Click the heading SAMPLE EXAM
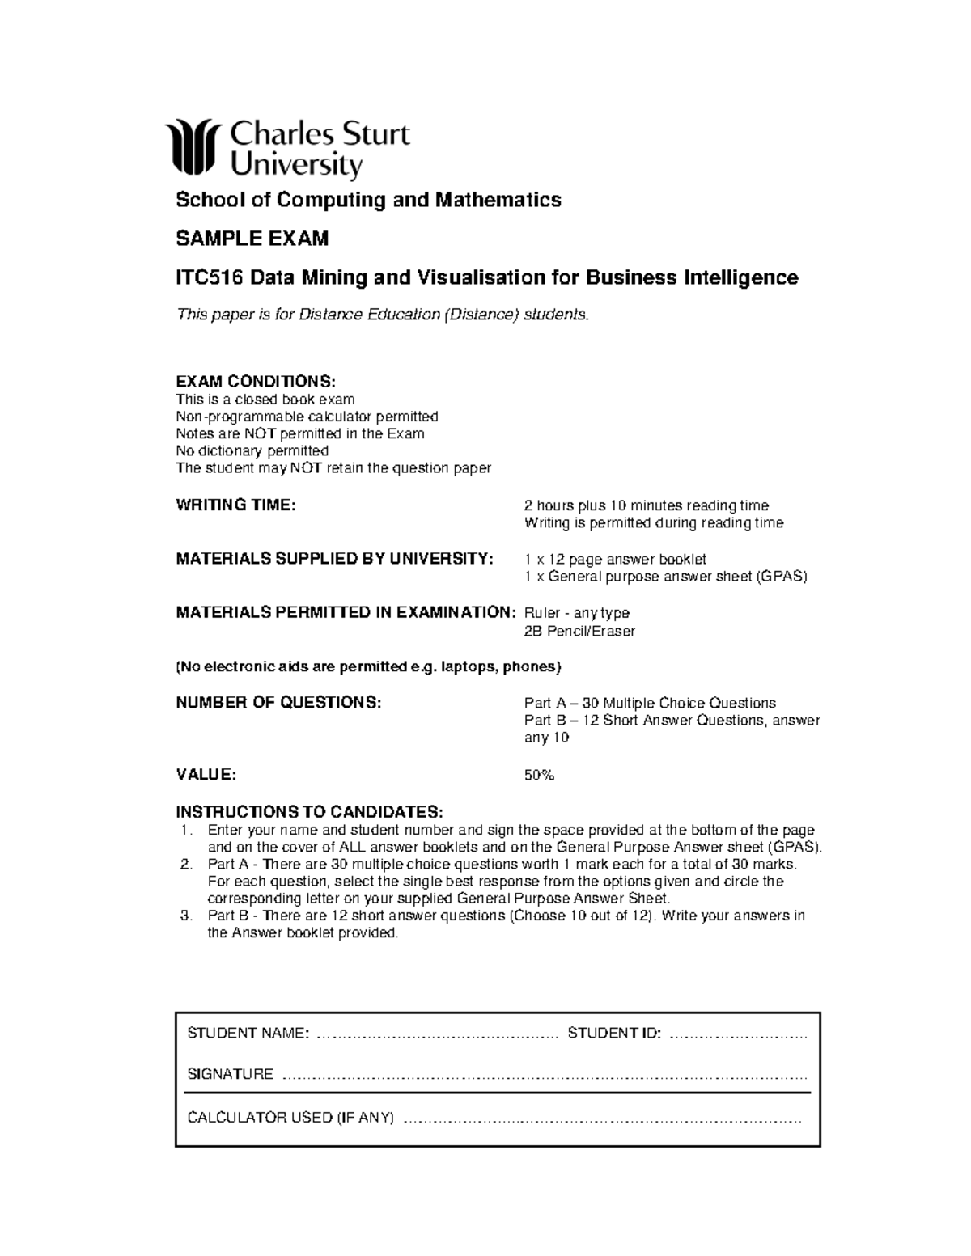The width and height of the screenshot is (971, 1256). click(x=252, y=239)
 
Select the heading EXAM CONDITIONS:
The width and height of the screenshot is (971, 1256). click(x=255, y=381)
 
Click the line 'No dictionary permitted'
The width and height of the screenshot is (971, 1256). click(x=252, y=450)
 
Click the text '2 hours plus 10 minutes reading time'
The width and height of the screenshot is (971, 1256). click(x=646, y=505)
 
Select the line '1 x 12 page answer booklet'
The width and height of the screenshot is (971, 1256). click(x=615, y=559)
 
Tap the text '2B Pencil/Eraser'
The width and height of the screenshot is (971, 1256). click(x=579, y=631)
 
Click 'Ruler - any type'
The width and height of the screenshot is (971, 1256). click(x=577, y=613)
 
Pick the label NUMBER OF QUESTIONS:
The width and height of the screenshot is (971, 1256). click(x=278, y=703)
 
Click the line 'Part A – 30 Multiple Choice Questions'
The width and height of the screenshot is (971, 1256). click(x=650, y=703)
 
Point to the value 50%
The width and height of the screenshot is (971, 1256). click(x=539, y=775)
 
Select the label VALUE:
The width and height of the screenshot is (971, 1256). click(x=206, y=775)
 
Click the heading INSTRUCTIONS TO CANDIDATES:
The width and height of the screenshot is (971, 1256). click(x=309, y=811)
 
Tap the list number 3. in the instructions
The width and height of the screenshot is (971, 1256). click(x=186, y=916)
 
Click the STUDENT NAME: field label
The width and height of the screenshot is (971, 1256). click(x=248, y=1033)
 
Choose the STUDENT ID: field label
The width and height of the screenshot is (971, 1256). click(x=614, y=1033)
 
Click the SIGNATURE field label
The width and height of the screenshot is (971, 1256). click(x=230, y=1074)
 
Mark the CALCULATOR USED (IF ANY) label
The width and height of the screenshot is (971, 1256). click(x=290, y=1118)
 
